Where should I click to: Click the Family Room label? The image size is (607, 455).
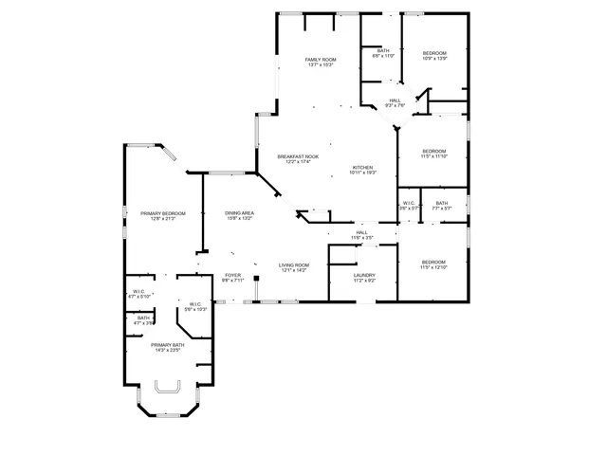(321, 60)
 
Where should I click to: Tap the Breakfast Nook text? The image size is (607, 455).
(298, 156)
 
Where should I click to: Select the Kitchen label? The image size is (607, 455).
(363, 167)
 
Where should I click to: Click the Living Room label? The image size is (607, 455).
(294, 265)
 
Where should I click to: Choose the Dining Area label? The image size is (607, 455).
(239, 213)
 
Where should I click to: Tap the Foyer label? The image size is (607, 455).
(233, 275)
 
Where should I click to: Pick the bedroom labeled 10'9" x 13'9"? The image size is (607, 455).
(433, 52)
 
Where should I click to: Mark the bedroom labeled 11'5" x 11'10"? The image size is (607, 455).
(433, 152)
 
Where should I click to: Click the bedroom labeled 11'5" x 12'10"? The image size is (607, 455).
(433, 262)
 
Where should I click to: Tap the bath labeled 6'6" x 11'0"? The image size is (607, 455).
(383, 50)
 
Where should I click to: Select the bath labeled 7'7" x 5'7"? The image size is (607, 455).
(442, 203)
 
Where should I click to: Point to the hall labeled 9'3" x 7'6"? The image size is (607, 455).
(395, 100)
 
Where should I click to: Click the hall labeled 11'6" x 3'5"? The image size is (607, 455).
(361, 232)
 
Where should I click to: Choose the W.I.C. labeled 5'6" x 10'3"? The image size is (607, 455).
(194, 304)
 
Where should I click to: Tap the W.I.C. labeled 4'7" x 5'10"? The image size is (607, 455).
(139, 292)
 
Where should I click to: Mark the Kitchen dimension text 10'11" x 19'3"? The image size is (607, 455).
(363, 173)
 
